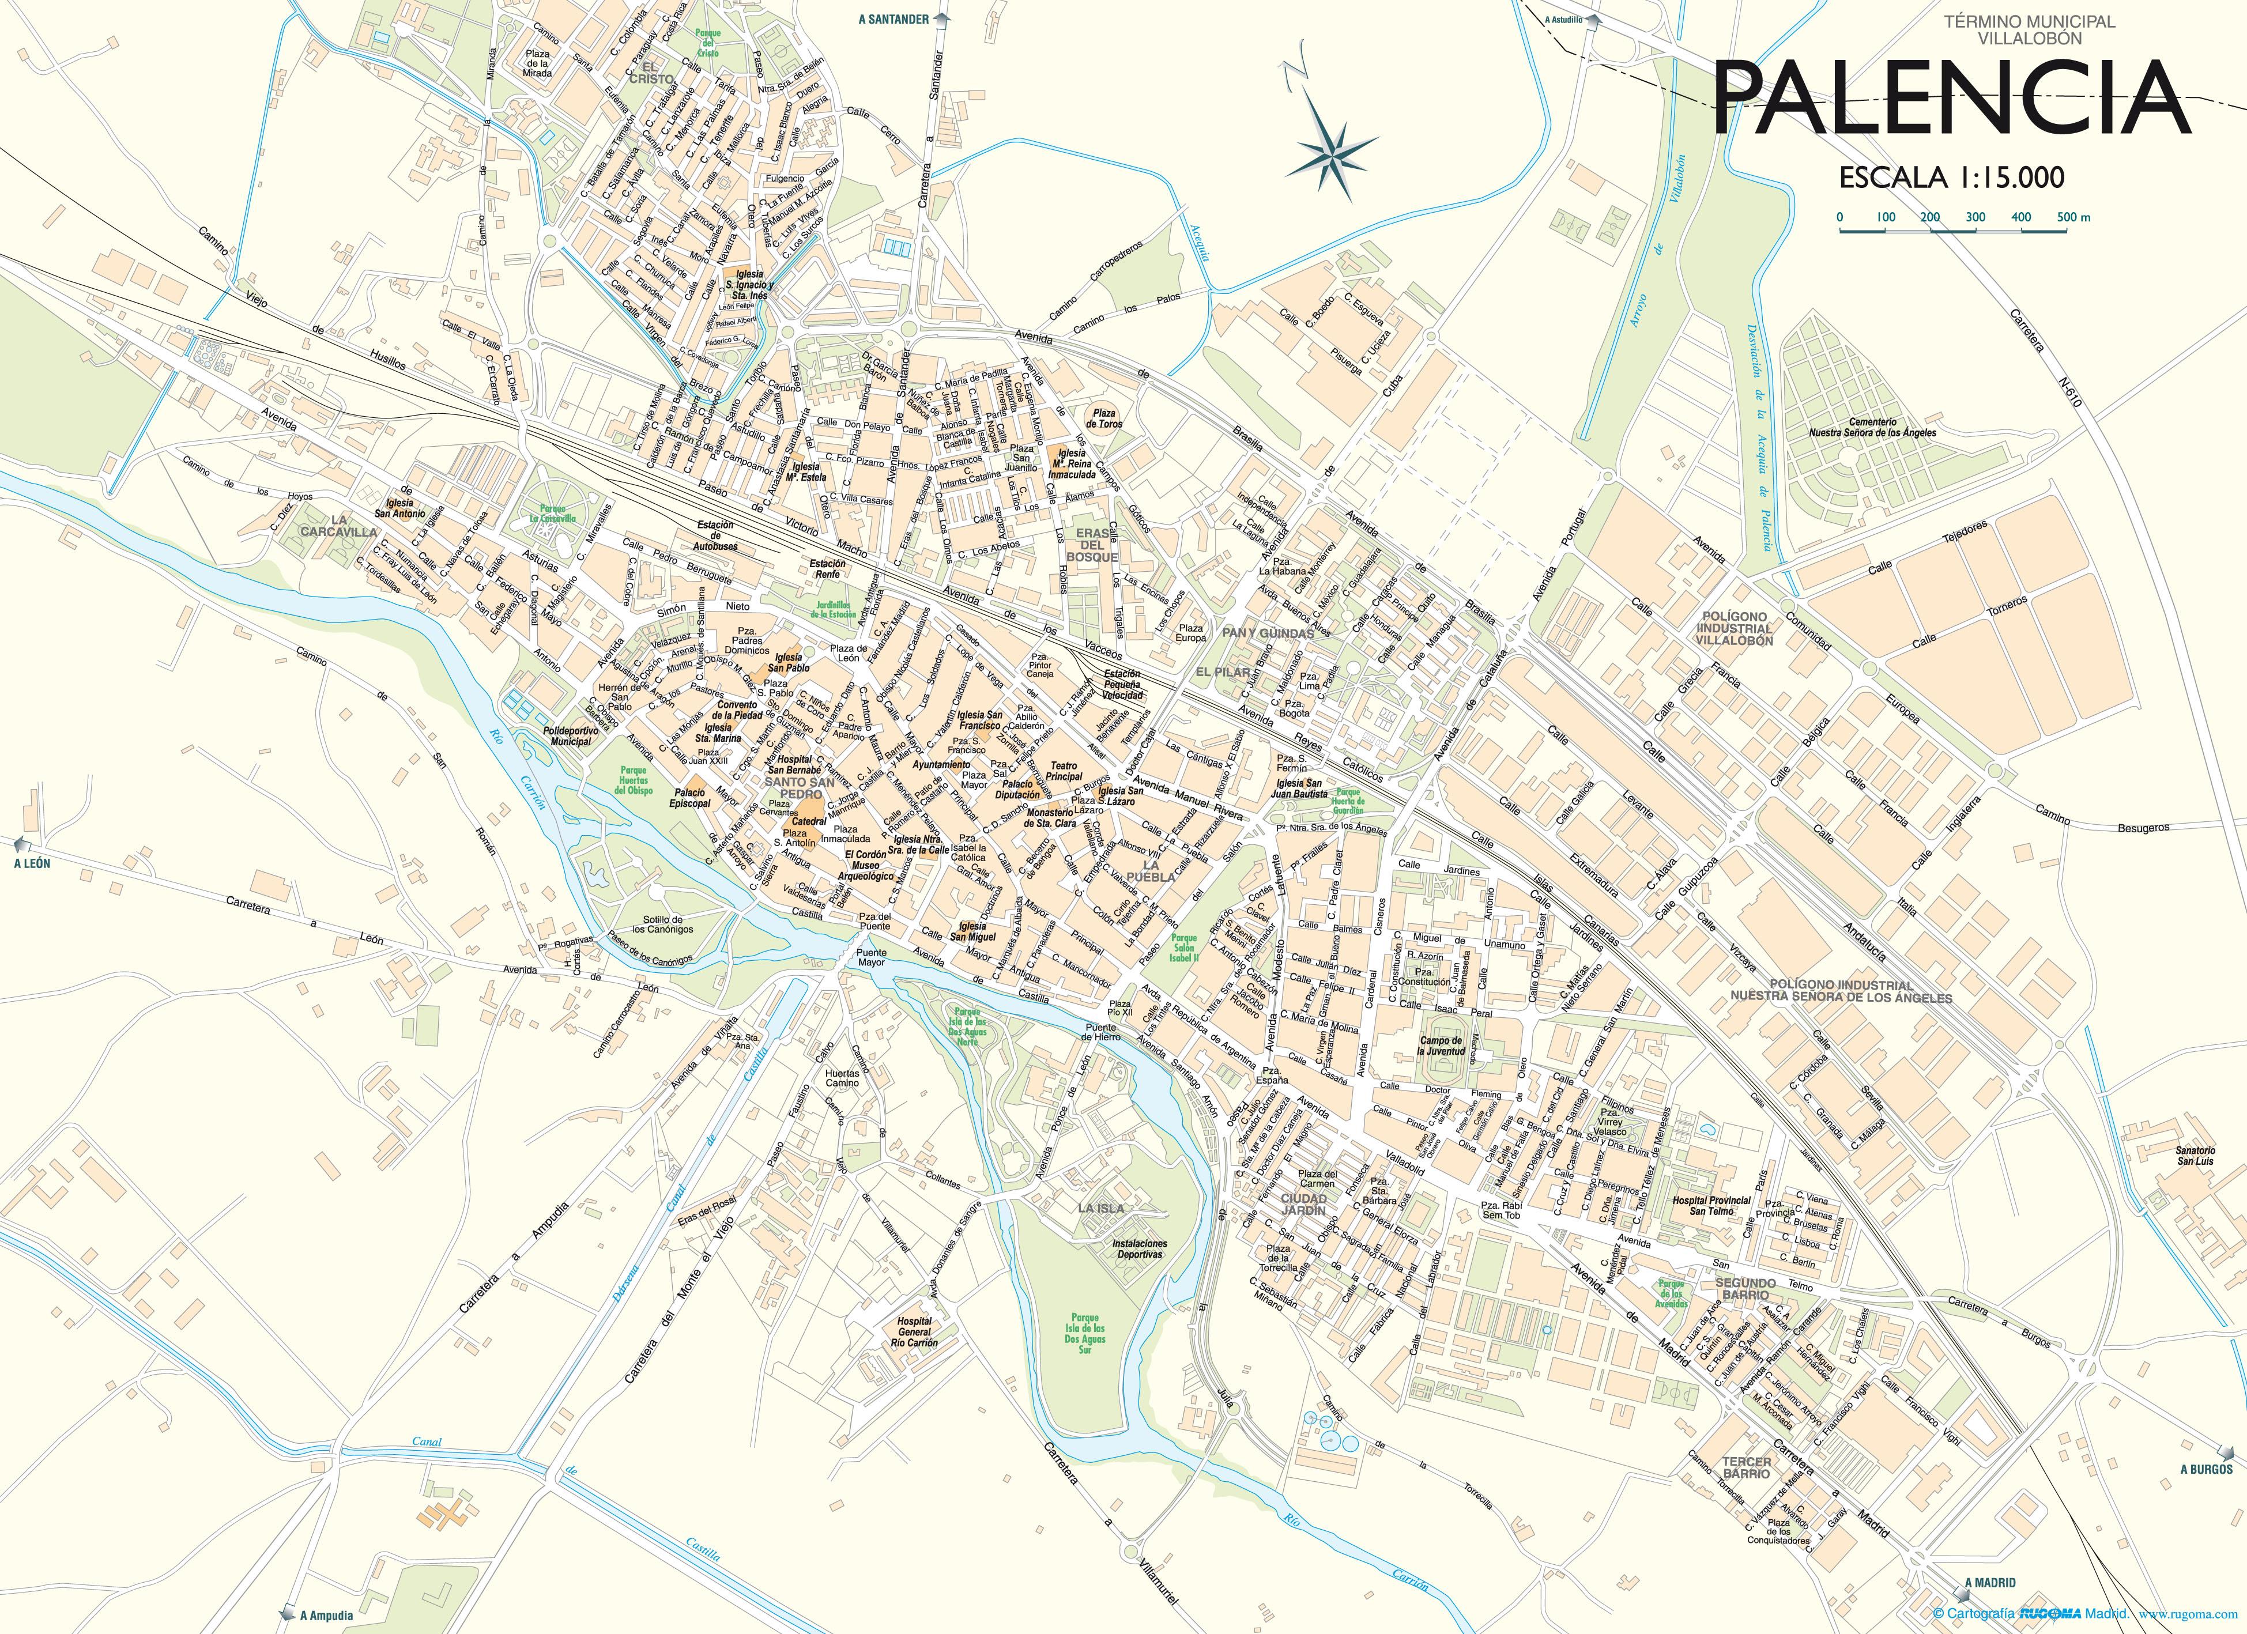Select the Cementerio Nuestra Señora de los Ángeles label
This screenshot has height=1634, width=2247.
click(1872, 427)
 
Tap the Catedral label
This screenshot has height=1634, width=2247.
click(808, 821)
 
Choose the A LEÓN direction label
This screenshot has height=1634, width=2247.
click(32, 863)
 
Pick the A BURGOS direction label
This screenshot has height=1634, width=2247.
click(2207, 1469)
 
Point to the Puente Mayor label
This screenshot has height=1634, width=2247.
click(871, 957)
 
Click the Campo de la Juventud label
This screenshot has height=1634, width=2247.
click(1442, 1046)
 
